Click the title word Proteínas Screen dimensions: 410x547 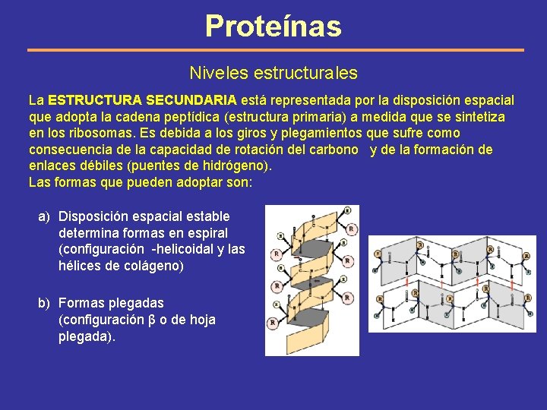coord(273,26)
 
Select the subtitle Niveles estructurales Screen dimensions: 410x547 coord(273,74)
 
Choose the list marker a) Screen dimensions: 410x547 coord(45,216)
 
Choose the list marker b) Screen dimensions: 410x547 coord(45,304)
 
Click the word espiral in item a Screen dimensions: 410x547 coord(206,233)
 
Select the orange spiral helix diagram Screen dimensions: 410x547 coord(311,279)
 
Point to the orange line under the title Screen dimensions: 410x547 coord(275,50)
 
